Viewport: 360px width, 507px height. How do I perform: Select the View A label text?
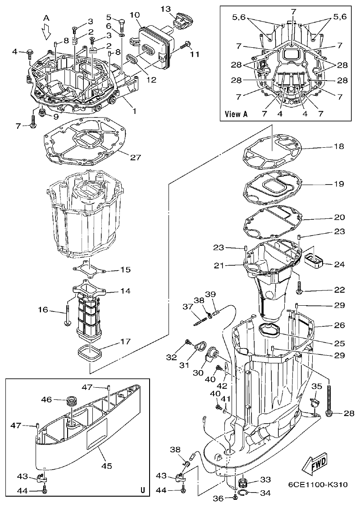237,114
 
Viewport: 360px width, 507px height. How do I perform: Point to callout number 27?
135,158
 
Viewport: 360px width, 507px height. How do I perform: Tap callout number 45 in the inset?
106,466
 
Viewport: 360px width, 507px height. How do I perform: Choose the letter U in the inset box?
142,490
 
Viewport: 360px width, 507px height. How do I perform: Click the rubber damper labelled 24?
312,260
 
